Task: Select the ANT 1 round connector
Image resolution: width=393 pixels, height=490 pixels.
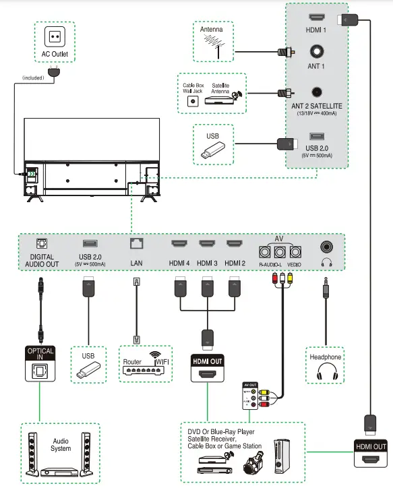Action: (x=316, y=51)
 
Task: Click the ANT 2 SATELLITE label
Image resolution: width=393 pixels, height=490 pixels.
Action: (x=316, y=105)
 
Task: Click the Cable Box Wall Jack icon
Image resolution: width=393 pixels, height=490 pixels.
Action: (x=193, y=100)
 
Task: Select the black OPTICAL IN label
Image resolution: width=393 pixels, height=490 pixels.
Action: (x=40, y=351)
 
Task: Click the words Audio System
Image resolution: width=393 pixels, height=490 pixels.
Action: (x=61, y=445)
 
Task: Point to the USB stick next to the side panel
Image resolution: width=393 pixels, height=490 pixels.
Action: (x=213, y=152)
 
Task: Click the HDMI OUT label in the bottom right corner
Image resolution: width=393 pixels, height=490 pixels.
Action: (x=371, y=446)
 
